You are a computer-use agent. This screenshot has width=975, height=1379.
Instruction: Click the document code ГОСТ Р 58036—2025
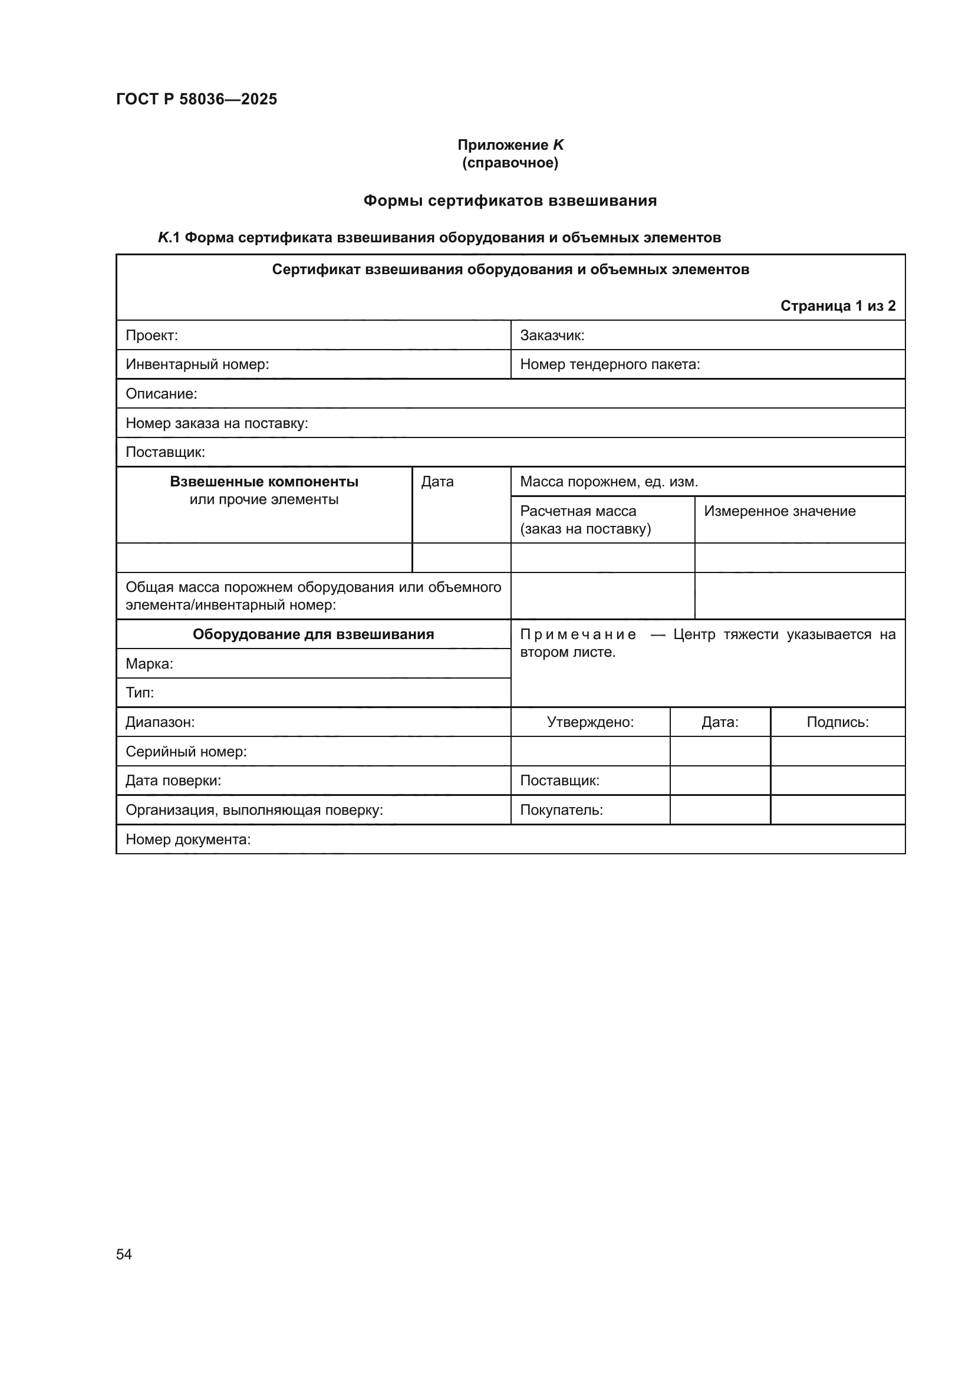(x=196, y=99)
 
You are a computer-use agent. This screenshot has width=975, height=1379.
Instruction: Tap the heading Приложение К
(x=510, y=145)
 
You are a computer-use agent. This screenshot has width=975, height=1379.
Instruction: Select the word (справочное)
(x=510, y=163)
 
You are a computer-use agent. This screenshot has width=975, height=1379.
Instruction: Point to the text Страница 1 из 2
(x=838, y=306)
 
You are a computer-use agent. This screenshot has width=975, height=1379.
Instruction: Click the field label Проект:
(x=151, y=335)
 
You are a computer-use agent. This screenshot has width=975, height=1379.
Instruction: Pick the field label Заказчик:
(x=552, y=335)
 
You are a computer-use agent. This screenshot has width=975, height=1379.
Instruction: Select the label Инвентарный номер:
(x=197, y=364)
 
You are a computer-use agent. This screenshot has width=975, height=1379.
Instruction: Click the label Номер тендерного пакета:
(x=610, y=364)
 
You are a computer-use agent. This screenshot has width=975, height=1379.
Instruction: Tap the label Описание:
(x=161, y=394)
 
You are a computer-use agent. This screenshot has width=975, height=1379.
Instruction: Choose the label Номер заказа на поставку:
(x=216, y=423)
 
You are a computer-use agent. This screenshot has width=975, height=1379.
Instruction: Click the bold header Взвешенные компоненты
(x=264, y=482)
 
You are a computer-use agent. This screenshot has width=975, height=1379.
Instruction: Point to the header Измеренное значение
(x=779, y=511)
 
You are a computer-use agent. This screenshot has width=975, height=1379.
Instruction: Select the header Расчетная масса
(x=578, y=511)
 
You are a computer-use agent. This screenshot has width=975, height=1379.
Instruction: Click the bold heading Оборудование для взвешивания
(x=313, y=634)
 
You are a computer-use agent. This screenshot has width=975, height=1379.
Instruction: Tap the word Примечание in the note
(x=578, y=634)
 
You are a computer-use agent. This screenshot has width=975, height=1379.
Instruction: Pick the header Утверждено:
(x=590, y=722)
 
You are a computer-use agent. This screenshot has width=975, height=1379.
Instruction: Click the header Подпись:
(x=837, y=722)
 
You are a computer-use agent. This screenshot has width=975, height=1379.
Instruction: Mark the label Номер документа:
(x=187, y=839)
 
